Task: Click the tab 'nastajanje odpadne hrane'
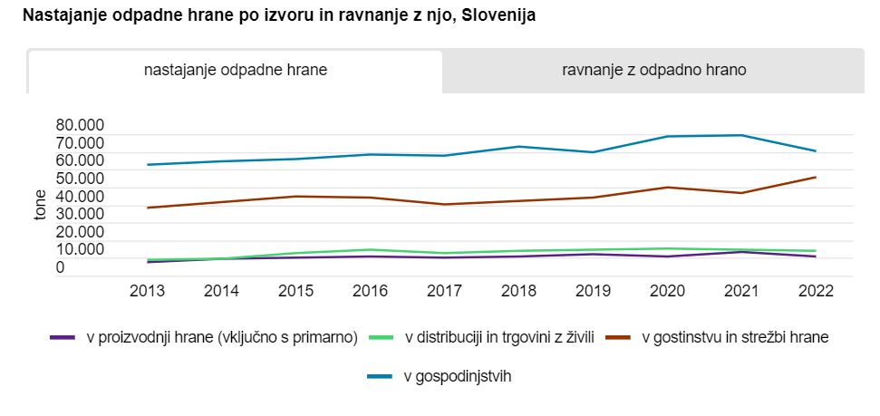(236, 71)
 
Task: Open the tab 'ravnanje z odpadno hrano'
(653, 71)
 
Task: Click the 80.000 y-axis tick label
(79, 125)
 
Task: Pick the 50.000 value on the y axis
(79, 179)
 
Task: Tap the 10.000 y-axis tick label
(79, 249)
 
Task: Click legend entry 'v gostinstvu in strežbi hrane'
(735, 338)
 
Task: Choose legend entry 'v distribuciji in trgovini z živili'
(498, 338)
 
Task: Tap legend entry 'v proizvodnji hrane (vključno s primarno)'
(222, 338)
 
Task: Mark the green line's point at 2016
(371, 249)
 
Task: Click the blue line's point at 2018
(518, 146)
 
